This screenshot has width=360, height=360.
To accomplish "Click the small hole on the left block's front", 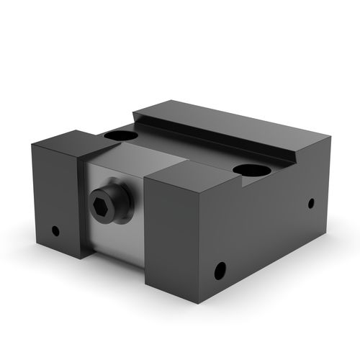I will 55,231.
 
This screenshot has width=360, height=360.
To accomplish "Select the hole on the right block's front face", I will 220,271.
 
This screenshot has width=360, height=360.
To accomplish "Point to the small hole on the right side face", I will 311,203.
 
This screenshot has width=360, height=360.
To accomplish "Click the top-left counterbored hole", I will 120,135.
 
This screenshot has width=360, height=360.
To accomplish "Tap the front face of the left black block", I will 54,202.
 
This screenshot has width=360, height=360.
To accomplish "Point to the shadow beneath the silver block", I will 115,265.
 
